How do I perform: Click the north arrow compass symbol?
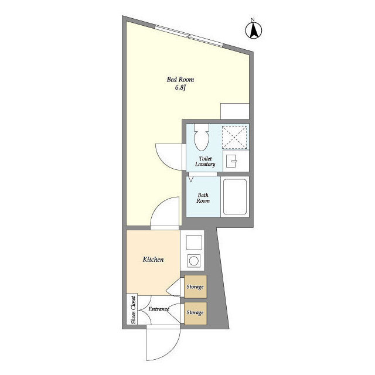(254, 29)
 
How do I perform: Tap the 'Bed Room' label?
(180, 80)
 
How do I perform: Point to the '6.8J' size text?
(180, 87)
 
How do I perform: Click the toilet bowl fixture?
(202, 137)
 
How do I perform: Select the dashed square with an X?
(234, 138)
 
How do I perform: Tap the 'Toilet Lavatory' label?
(205, 162)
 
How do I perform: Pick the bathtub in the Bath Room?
(235, 197)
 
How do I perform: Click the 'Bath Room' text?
(203, 198)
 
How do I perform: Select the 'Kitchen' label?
(153, 260)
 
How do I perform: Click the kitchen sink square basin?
(194, 242)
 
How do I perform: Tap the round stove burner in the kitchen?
(194, 261)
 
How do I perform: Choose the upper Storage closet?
(195, 287)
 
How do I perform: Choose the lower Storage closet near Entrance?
(195, 313)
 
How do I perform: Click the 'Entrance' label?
(159, 309)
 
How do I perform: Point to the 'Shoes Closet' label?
(133, 310)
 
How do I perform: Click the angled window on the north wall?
(189, 36)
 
